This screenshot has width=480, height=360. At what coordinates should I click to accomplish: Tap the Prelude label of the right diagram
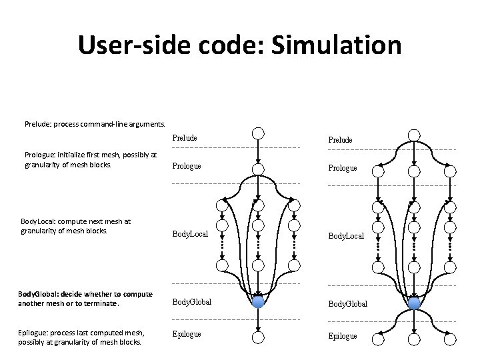tap(340, 140)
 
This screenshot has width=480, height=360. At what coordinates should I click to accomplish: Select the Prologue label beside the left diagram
tap(187, 166)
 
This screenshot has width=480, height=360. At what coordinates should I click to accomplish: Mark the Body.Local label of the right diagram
tap(345, 236)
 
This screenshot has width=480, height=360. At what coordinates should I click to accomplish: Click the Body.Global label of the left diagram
tap(192, 302)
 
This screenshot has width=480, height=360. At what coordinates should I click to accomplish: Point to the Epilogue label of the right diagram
tap(342, 336)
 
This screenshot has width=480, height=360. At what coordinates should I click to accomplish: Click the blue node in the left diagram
tap(259, 301)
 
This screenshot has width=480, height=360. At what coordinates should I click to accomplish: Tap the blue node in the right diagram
tap(414, 303)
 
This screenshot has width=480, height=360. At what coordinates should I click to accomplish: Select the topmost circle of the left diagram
tap(259, 133)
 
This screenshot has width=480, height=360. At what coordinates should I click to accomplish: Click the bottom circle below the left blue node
tap(259, 337)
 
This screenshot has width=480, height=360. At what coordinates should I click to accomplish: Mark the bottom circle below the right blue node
tap(414, 339)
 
